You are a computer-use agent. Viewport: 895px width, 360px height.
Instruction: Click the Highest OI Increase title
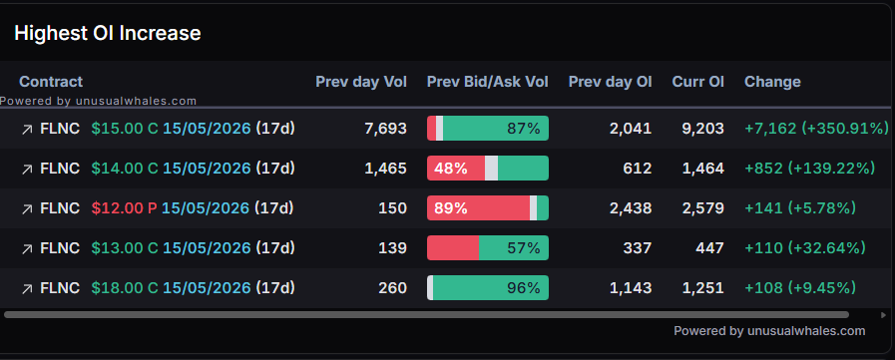pos(108,33)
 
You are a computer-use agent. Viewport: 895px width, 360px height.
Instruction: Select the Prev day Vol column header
pos(361,82)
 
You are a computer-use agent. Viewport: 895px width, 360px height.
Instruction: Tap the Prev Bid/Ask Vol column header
pos(488,82)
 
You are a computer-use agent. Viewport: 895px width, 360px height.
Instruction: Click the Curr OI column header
pos(698,82)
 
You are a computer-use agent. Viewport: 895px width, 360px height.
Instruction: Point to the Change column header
pos(772,82)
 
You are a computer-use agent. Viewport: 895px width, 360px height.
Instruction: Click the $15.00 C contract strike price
pos(125,129)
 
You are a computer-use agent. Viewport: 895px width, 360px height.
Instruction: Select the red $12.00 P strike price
pos(124,208)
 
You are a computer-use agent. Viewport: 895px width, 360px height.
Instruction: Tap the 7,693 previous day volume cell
pos(386,129)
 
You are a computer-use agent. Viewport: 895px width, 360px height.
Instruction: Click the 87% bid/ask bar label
pos(524,129)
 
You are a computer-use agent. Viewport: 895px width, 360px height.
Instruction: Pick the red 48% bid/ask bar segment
pos(456,169)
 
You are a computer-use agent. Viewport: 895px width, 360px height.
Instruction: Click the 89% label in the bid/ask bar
pos(451,208)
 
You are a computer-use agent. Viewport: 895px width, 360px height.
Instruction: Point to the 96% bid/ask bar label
pos(524,288)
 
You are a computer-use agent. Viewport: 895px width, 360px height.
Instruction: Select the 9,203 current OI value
pos(702,129)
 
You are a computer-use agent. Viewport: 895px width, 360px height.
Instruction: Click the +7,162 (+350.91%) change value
pos(817,129)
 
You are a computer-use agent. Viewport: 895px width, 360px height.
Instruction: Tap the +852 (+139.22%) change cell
pos(809,169)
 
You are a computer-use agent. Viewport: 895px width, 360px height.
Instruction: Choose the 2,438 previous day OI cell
pos(631,208)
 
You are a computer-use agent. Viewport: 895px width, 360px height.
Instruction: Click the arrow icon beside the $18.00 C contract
pos(27,289)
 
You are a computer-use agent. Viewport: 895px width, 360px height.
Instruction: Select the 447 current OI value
pos(709,248)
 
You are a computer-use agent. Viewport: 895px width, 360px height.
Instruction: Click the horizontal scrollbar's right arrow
pos(884,315)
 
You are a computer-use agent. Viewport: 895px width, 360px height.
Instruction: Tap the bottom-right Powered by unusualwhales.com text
pos(769,331)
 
